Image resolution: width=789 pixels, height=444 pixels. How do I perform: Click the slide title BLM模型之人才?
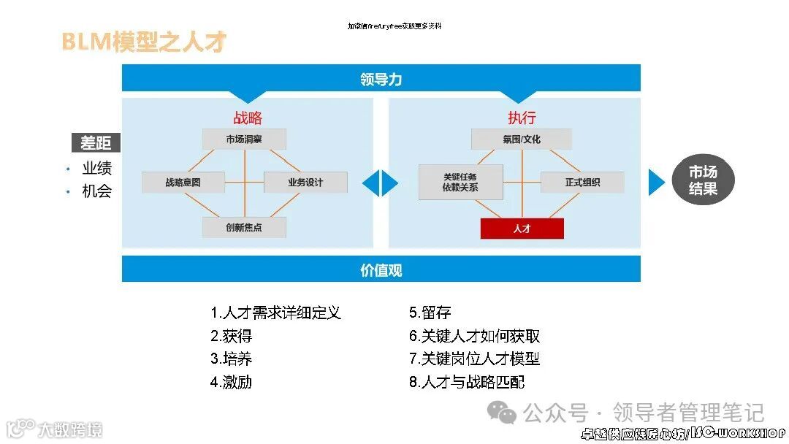point(144,42)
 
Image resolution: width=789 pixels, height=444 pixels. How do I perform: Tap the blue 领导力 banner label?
point(381,79)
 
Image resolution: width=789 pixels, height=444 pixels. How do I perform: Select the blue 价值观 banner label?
point(381,269)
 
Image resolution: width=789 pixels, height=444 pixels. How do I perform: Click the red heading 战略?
point(247,118)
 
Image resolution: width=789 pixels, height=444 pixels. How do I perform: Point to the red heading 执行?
point(522,118)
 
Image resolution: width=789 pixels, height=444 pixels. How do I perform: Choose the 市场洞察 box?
point(244,139)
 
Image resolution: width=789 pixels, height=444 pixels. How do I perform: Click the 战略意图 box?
point(183,183)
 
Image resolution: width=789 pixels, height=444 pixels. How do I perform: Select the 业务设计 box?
point(305,183)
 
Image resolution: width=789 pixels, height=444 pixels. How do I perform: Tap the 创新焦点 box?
point(244,227)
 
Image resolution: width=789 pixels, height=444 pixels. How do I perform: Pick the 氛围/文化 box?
point(522,139)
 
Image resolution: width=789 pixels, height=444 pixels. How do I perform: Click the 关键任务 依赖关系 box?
point(460,182)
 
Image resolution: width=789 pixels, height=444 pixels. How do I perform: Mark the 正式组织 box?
point(582,183)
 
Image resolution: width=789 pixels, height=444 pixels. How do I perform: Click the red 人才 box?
point(522,229)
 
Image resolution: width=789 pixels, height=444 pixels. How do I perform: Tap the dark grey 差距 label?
point(96,142)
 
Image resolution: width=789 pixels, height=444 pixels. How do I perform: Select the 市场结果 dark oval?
point(703,180)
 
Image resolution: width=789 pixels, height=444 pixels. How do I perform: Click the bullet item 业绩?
point(97,168)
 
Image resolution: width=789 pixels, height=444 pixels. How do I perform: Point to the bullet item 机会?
point(97,191)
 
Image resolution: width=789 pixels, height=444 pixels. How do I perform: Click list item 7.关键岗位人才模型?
point(474,359)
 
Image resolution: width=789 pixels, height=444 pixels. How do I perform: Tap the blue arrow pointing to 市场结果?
point(655,182)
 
